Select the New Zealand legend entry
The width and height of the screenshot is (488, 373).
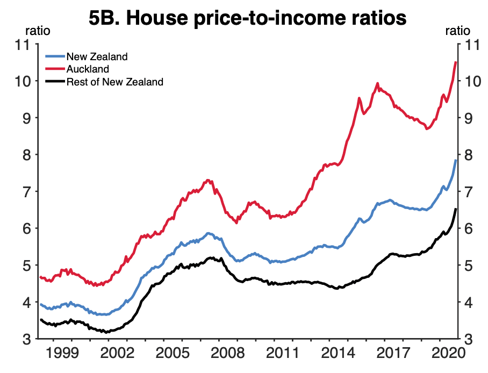tap(97, 56)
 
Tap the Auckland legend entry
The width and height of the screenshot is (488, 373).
tap(88, 69)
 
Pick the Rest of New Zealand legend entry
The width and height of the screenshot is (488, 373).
tap(114, 82)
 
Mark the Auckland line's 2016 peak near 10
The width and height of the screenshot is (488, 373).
tap(377, 83)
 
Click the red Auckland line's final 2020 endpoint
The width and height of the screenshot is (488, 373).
tap(456, 62)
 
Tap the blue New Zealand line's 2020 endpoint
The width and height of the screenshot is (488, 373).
tap(456, 160)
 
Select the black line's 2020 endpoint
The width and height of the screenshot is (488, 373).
tap(456, 209)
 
